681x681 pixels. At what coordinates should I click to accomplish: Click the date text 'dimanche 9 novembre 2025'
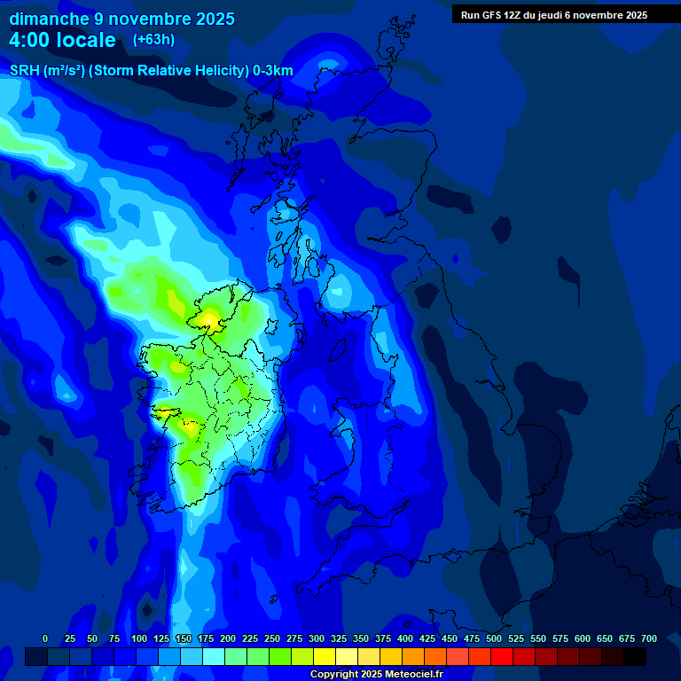(x=121, y=19)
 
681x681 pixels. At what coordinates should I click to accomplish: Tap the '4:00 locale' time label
(x=62, y=40)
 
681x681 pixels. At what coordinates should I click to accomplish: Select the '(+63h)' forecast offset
(x=153, y=40)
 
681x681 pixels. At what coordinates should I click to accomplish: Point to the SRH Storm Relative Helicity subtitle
(x=151, y=71)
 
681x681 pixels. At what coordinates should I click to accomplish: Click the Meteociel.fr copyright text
(x=376, y=675)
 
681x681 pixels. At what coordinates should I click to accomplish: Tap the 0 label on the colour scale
(x=45, y=639)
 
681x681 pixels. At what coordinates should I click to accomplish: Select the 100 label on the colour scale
(x=139, y=639)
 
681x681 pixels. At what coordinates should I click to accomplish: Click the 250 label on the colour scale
(x=272, y=639)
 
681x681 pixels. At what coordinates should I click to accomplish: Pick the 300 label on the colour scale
(x=317, y=639)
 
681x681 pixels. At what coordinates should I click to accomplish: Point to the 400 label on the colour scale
(x=405, y=639)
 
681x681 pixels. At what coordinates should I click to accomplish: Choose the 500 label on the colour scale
(x=494, y=639)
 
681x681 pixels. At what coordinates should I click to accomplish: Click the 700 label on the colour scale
(x=649, y=639)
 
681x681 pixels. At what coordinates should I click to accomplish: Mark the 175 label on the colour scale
(x=206, y=639)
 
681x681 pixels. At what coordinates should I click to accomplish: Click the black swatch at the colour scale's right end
(x=635, y=656)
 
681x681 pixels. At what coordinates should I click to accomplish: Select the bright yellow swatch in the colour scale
(x=325, y=656)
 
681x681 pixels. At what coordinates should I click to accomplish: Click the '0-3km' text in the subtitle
(x=272, y=71)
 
